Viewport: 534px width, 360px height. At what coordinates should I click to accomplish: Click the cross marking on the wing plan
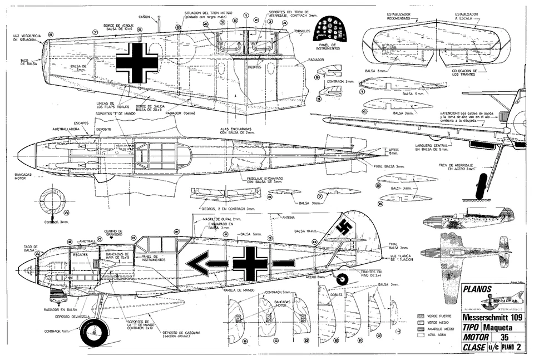136,62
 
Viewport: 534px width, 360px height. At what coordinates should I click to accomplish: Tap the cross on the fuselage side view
250,263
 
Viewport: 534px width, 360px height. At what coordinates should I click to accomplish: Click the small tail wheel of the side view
342,279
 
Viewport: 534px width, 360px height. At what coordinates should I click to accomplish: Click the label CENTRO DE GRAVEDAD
113,233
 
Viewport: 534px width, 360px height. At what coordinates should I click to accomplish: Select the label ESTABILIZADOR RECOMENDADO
395,16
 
